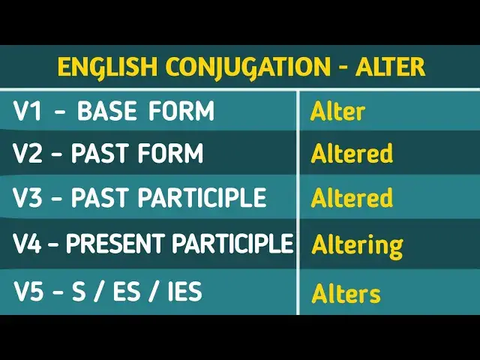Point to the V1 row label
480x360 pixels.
(28, 111)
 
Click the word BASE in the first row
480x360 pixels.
(107, 111)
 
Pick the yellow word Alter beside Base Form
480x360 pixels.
(337, 112)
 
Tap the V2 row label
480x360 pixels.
(29, 154)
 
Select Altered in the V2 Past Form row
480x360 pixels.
(352, 154)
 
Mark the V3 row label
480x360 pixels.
(29, 197)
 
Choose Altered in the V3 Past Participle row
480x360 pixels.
(352, 198)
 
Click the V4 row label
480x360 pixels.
(29, 243)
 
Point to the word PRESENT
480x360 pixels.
(119, 243)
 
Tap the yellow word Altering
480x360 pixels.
(357, 245)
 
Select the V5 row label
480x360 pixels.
(29, 291)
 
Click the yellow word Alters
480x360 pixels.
(346, 293)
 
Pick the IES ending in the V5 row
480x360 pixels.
(181, 291)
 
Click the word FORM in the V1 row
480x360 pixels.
(181, 111)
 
